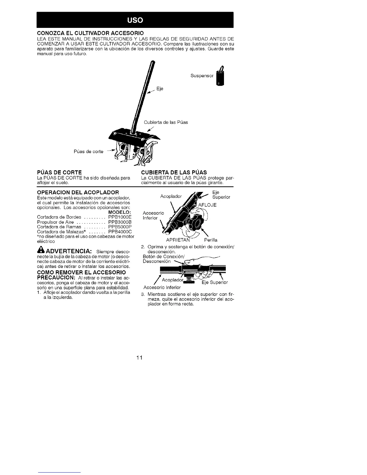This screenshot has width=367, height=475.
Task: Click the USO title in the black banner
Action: click(135, 20)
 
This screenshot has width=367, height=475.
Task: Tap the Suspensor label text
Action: click(202, 76)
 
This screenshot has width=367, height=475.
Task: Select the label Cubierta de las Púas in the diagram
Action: click(166, 122)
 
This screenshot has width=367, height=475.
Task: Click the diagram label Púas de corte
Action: click(88, 151)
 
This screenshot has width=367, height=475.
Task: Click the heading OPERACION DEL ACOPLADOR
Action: click(78, 192)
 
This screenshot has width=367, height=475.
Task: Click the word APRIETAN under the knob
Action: click(178, 240)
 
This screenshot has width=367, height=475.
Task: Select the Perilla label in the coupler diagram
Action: click(210, 240)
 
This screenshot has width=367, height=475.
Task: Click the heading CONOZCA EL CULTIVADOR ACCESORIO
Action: click(90, 32)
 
